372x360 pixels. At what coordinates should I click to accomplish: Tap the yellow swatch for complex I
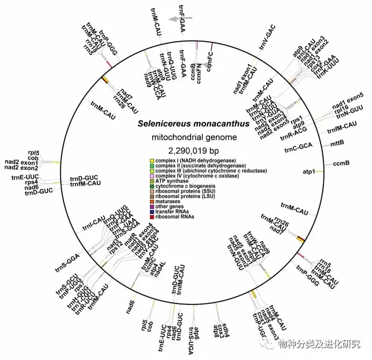coord(151,161)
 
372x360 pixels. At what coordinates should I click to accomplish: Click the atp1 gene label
coord(308,171)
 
